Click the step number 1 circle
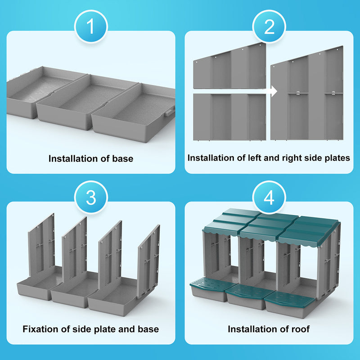[90, 27]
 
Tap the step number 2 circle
[269, 27]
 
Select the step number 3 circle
[90, 198]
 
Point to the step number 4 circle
[269, 198]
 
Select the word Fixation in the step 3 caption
[41, 329]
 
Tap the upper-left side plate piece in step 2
[229, 67]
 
